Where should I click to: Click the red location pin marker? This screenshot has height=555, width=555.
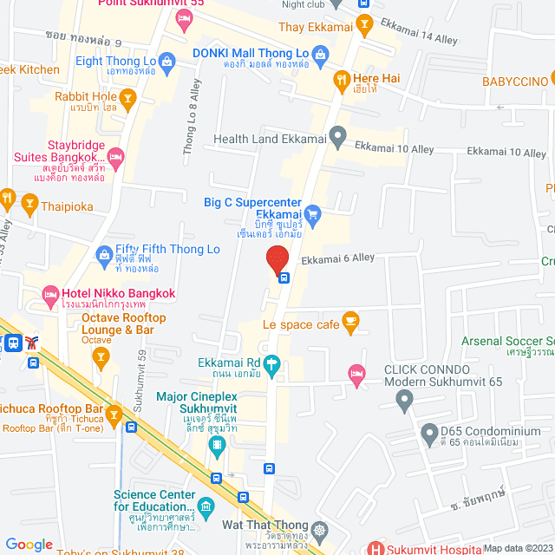tap(277, 258)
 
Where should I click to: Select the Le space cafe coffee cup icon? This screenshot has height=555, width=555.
tap(350, 323)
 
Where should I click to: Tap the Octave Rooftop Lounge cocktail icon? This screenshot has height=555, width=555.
tap(101, 355)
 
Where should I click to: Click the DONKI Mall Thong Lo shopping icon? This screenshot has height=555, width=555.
tap(322, 56)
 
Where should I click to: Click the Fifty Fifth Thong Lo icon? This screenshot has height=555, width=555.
tap(102, 253)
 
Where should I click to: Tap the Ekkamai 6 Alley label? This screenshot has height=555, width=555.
tap(337, 258)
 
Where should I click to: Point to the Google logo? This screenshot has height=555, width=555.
tap(29, 544)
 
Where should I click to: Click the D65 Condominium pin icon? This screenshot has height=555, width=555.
tap(428, 431)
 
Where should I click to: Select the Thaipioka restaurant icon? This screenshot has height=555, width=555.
tap(29, 206)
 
